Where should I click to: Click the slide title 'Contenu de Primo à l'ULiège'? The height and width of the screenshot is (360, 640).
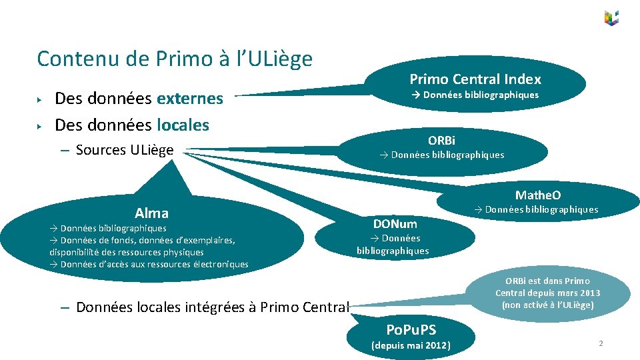[175, 59]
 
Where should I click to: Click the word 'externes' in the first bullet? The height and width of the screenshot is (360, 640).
[190, 99]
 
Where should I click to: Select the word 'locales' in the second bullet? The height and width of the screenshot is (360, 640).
[183, 125]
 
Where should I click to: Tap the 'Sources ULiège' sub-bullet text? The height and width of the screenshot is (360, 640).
[125, 150]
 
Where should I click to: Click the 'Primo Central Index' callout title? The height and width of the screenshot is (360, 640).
[475, 79]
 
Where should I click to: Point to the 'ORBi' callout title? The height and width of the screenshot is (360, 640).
[441, 140]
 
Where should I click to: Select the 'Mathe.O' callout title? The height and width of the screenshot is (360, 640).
[537, 195]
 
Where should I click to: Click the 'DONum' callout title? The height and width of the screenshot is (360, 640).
[395, 223]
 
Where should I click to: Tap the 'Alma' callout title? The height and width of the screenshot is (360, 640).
[151, 213]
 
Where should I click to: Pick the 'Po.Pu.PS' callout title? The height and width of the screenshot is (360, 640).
[411, 329]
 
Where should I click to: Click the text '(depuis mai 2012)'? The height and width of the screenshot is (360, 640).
[411, 345]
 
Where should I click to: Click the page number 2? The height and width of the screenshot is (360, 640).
[601, 343]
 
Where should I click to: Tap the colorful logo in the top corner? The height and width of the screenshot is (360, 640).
[611, 18]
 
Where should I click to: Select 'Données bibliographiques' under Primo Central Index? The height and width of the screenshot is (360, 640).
[475, 95]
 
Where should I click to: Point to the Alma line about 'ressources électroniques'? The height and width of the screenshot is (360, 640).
[149, 265]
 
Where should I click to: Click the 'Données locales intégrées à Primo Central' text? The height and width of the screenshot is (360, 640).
[213, 307]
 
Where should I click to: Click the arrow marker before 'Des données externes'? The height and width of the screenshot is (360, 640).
[41, 99]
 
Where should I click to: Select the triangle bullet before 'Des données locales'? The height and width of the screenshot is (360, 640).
[41, 125]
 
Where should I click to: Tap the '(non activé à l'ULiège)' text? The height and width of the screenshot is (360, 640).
[547, 305]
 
